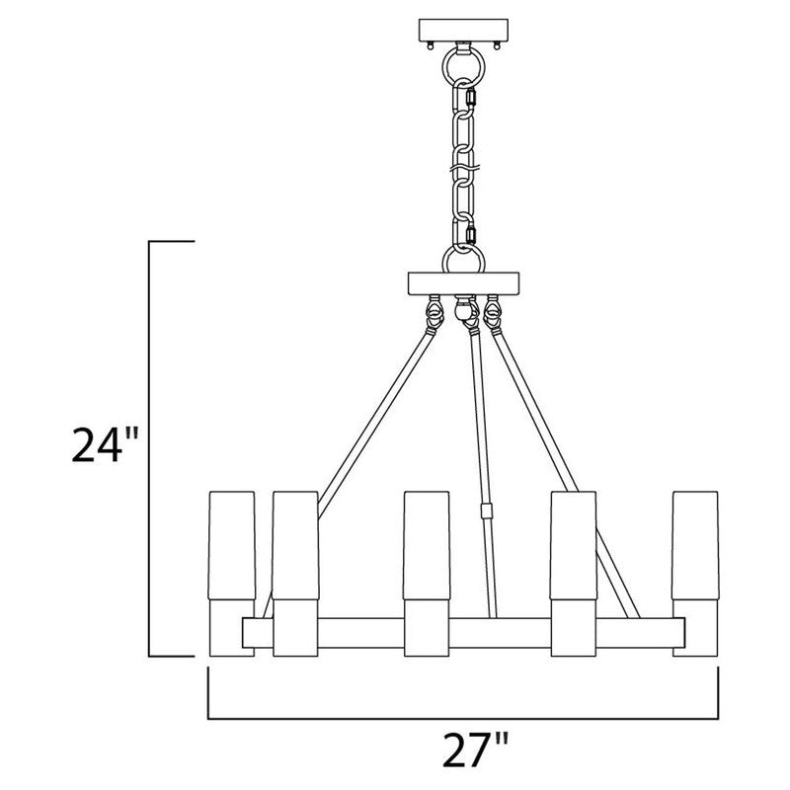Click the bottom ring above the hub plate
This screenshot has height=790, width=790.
pos(463,262)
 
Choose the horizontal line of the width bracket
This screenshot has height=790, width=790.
pos(463,718)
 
